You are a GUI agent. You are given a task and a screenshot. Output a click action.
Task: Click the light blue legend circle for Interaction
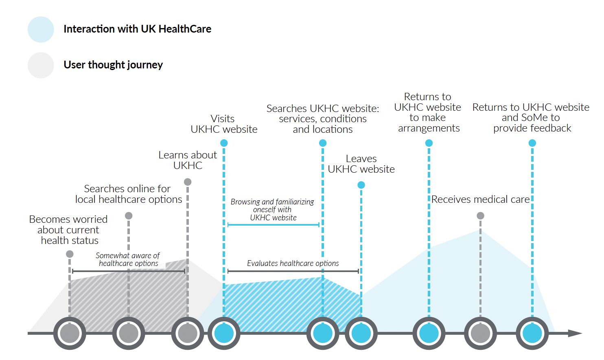[x=41, y=29]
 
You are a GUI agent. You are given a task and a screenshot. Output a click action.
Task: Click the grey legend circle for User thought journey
[x=41, y=65]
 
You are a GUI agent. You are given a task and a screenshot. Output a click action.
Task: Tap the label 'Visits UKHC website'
[x=223, y=124]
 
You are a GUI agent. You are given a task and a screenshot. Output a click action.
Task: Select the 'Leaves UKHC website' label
[x=361, y=164]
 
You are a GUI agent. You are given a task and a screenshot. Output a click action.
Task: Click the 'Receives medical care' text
[x=480, y=199]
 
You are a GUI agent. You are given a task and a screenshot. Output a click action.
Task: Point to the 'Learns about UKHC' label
[x=188, y=160]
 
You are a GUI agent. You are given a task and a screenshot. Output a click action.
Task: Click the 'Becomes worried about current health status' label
[x=69, y=230]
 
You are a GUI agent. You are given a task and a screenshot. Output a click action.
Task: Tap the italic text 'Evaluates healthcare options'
[x=293, y=263]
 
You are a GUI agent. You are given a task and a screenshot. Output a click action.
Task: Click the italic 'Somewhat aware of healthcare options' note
[x=128, y=259]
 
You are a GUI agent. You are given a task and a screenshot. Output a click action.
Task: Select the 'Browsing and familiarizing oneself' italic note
[x=272, y=209]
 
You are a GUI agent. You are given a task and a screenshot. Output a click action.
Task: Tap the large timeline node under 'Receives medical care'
[x=480, y=333]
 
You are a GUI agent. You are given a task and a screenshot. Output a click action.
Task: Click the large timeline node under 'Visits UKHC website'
[x=224, y=333]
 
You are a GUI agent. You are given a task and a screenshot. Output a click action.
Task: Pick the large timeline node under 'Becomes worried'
[x=70, y=333]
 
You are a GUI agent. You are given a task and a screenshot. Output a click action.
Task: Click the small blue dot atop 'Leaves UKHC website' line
[x=361, y=185]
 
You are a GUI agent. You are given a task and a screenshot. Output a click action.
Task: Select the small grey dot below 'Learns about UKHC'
[x=188, y=182]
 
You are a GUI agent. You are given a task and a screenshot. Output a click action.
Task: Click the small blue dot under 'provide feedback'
[x=532, y=143]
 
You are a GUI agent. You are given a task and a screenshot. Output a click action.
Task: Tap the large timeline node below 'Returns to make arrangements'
[x=429, y=333]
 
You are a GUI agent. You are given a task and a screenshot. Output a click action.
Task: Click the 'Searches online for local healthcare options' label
[x=129, y=194]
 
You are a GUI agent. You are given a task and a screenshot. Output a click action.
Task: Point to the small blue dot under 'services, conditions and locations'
[x=323, y=143]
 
